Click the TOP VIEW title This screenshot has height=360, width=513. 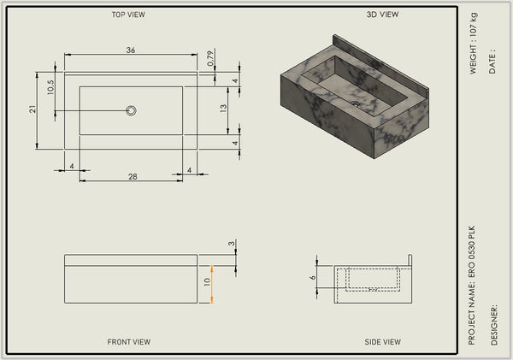tap(128, 15)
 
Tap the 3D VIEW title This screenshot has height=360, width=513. tap(382, 15)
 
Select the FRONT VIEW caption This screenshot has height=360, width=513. tap(129, 342)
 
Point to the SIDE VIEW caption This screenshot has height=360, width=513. tap(382, 342)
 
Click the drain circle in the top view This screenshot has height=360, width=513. tap(131, 110)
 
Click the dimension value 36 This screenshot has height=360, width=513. tap(131, 50)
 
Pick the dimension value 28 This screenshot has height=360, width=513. tap(133, 177)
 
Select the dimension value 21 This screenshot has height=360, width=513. tap(32, 109)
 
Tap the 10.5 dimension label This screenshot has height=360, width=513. tap(50, 87)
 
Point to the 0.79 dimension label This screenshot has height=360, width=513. tap(210, 58)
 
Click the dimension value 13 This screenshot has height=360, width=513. tap(223, 109)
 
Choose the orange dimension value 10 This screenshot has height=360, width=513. tap(207, 282)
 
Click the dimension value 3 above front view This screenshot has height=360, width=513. tap(232, 244)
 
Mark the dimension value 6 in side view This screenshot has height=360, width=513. tap(313, 277)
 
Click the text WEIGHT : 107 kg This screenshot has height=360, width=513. tap(474, 44)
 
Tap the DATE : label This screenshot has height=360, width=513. tap(492, 62)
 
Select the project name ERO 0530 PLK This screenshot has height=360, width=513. tap(471, 251)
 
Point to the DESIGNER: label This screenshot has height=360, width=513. tap(494, 325)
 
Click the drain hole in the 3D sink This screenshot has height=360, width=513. tap(356, 104)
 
